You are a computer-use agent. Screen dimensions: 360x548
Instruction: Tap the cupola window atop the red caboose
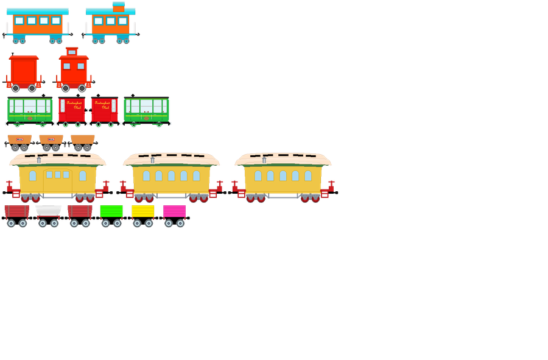[72, 52]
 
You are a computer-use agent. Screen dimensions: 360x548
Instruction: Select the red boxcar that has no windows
[24, 71]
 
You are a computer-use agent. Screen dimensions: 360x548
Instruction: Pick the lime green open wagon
[111, 211]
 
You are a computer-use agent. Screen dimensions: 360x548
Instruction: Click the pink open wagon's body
[175, 211]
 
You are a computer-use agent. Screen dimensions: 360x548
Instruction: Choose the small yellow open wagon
[143, 211]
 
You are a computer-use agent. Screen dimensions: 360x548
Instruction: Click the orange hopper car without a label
[83, 139]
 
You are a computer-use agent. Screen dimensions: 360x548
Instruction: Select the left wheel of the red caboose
[65, 88]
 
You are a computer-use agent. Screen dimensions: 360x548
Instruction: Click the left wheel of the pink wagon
[169, 224]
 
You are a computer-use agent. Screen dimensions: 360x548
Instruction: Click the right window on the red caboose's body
[81, 66]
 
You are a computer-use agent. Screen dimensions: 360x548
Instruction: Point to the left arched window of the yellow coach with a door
[32, 176]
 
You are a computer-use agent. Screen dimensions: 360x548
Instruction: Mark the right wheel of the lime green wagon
[118, 224]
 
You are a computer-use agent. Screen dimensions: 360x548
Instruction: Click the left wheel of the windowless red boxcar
[15, 88]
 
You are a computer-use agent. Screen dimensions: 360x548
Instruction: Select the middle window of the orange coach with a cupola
[110, 21]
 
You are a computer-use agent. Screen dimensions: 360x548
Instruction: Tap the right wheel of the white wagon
[55, 224]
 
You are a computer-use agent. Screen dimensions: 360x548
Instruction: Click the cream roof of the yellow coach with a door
[58, 160]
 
